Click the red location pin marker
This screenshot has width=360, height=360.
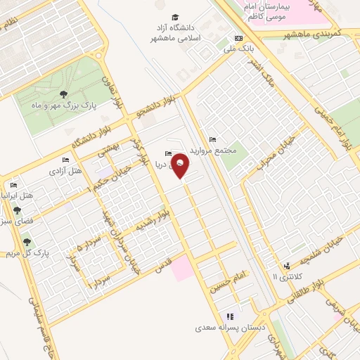point(181,166)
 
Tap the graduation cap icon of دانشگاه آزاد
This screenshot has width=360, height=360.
point(174,18)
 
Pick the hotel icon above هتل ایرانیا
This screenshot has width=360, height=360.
point(14,184)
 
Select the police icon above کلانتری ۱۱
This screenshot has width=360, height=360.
point(286,266)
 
